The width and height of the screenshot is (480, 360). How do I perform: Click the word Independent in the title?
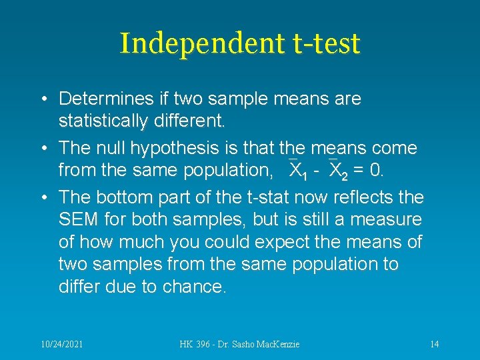click(201, 44)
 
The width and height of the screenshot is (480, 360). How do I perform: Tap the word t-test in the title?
click(325, 44)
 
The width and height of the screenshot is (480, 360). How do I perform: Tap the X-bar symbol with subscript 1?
click(297, 171)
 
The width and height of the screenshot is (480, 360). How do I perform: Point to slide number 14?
click(434, 344)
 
